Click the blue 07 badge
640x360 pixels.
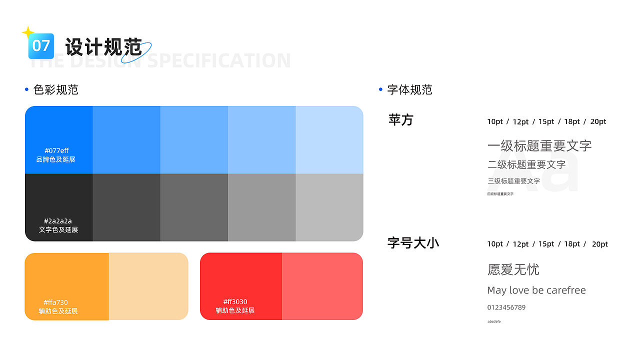(41, 46)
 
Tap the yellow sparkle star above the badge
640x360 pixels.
(27, 33)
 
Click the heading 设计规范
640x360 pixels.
(103, 47)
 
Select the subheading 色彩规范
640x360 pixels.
(55, 90)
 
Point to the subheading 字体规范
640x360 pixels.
(409, 90)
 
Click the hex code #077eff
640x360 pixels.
(56, 150)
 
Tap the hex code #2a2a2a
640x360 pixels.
(58, 221)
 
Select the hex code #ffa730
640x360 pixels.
(55, 302)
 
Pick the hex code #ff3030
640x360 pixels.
(235, 302)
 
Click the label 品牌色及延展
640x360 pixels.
(56, 159)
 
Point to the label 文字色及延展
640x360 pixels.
(58, 230)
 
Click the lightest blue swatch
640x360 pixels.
(329, 140)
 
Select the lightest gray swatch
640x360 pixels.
(329, 207)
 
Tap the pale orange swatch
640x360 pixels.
(148, 286)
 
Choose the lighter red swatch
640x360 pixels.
(322, 286)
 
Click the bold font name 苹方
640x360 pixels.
(401, 120)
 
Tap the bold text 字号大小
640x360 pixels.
(413, 243)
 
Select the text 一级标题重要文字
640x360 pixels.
(539, 146)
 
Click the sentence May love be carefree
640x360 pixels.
(536, 290)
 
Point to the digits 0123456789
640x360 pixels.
(506, 307)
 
